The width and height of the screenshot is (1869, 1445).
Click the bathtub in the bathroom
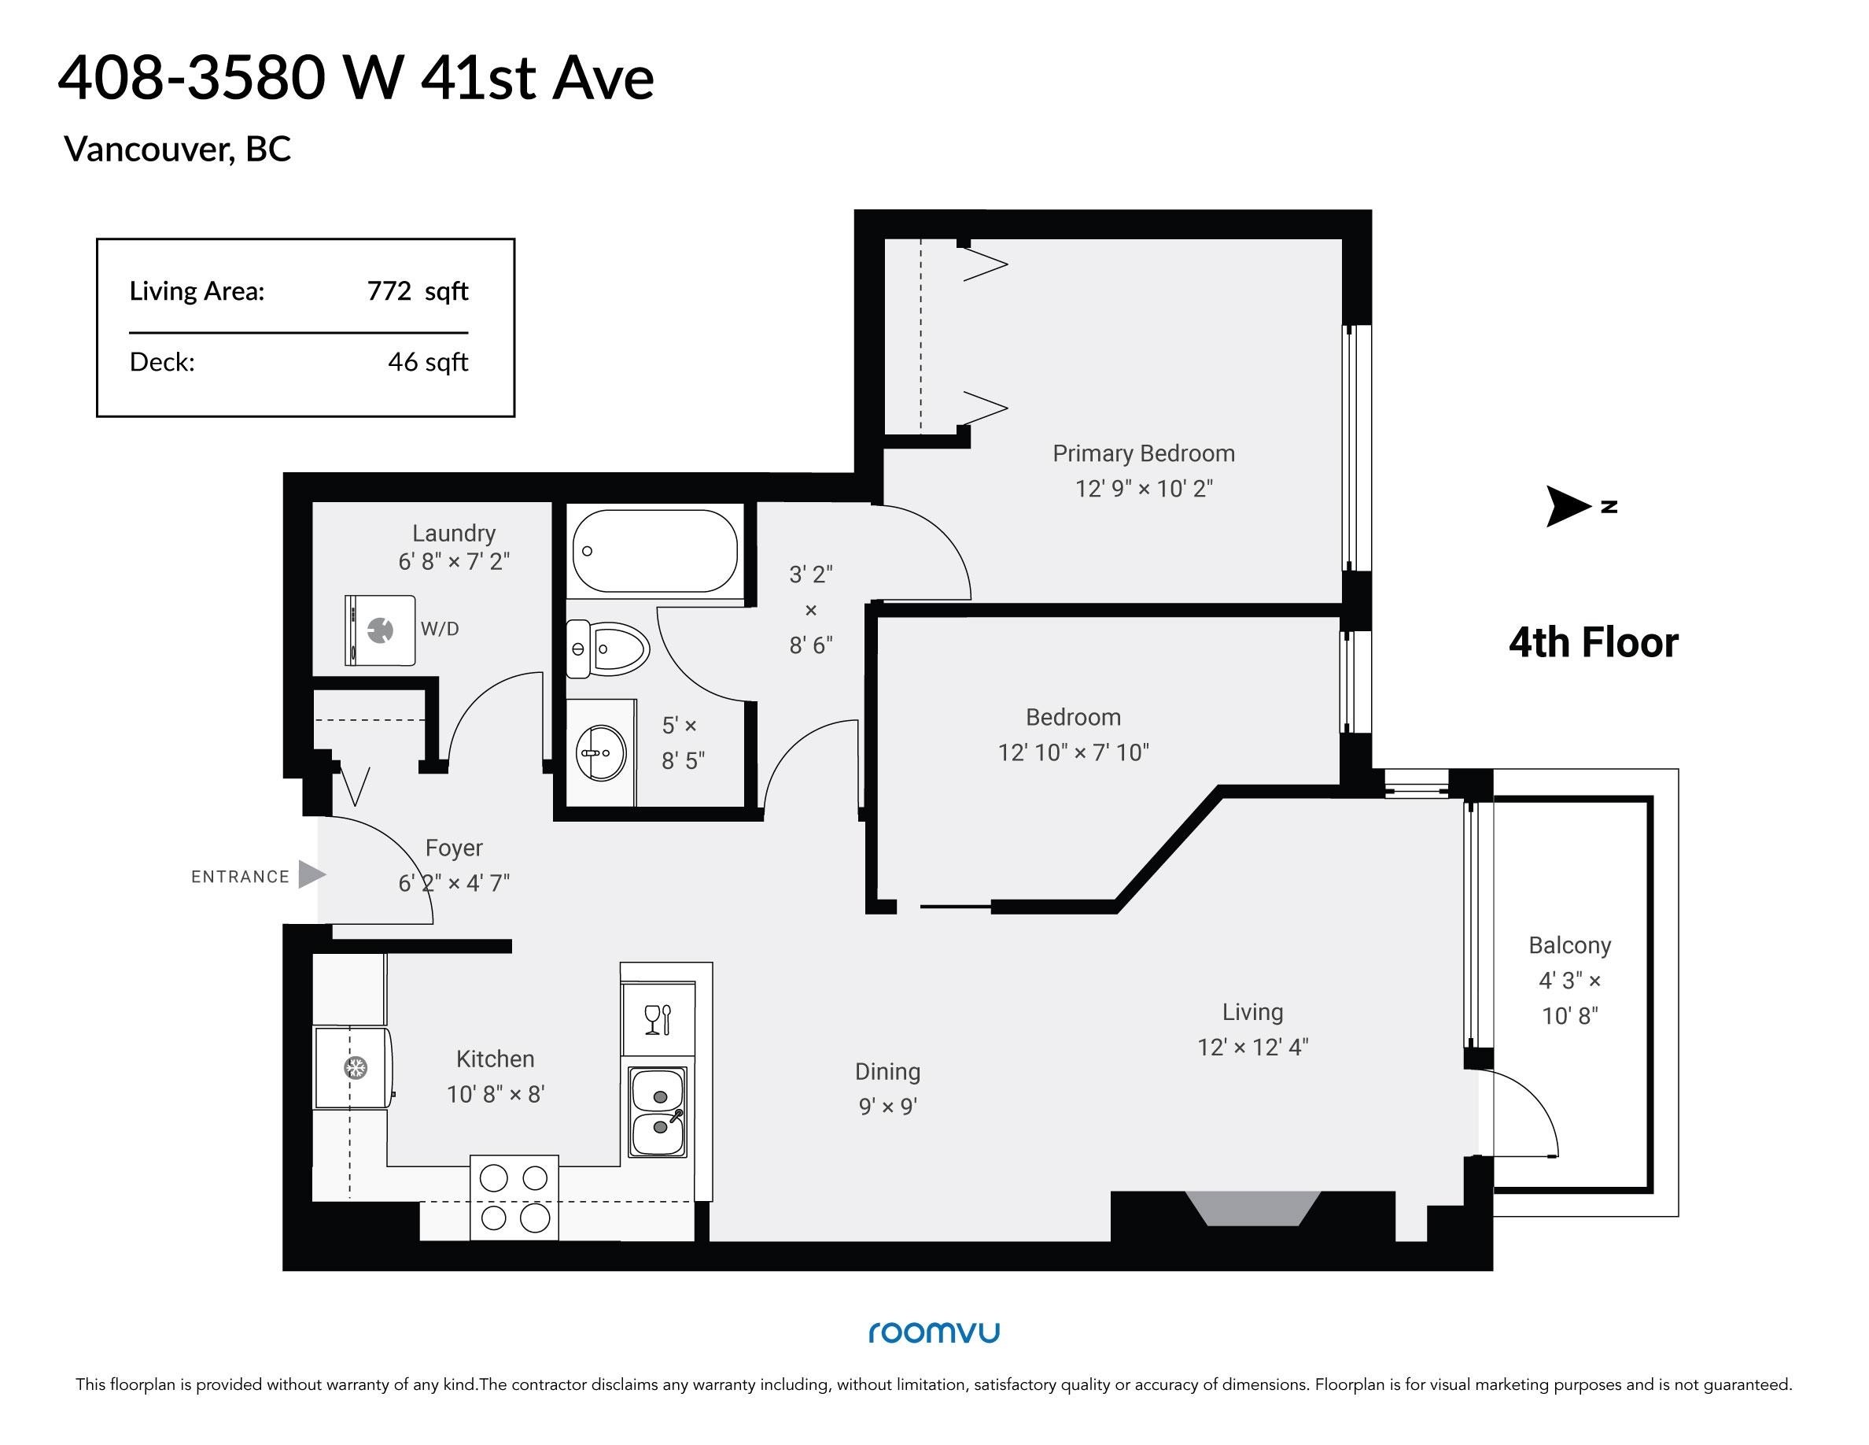(654, 551)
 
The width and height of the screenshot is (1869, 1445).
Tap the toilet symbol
(607, 649)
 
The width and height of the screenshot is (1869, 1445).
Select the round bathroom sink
(602, 753)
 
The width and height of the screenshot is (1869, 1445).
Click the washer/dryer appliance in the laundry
(380, 630)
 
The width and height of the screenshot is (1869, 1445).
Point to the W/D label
(440, 629)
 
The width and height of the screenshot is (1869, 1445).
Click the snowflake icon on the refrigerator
(354, 1067)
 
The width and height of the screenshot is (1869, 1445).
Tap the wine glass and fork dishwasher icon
(658, 1019)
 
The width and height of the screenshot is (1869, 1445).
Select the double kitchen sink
(658, 1112)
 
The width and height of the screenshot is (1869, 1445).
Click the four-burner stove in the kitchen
(514, 1198)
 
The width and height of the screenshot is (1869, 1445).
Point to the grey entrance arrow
(311, 875)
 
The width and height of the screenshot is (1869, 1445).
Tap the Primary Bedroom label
(1143, 453)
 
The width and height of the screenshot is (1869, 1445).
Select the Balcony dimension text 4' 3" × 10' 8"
(1569, 998)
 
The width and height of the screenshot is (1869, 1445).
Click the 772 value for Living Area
(389, 291)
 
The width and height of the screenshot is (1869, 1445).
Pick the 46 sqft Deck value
(428, 362)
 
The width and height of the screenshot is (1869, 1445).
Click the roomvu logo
(934, 1333)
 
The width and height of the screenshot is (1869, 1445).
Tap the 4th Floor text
(1594, 643)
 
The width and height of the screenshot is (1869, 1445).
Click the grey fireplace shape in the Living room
(1252, 1208)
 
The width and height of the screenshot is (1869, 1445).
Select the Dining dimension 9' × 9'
(887, 1107)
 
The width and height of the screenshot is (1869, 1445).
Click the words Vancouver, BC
(178, 150)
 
